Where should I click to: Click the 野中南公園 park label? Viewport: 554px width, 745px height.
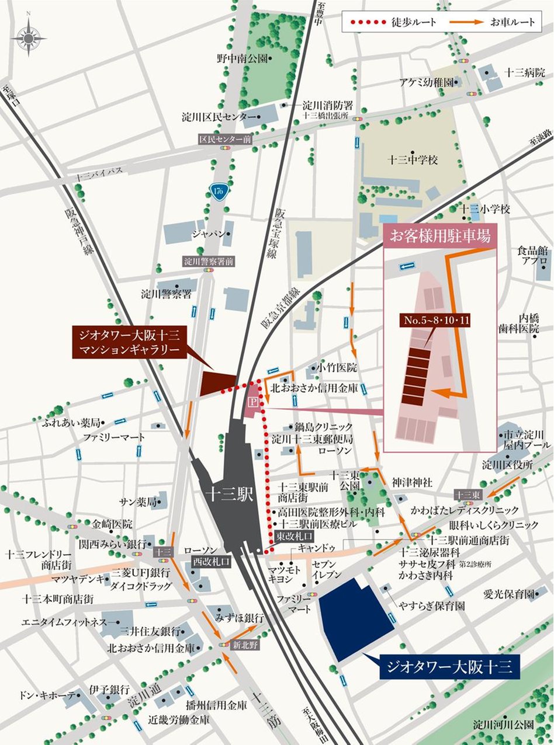pyautogui.click(x=241, y=58)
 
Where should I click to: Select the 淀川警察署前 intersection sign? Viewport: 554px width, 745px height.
pyautogui.click(x=208, y=261)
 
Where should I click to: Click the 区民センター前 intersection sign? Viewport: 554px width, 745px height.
pyautogui.click(x=224, y=140)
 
